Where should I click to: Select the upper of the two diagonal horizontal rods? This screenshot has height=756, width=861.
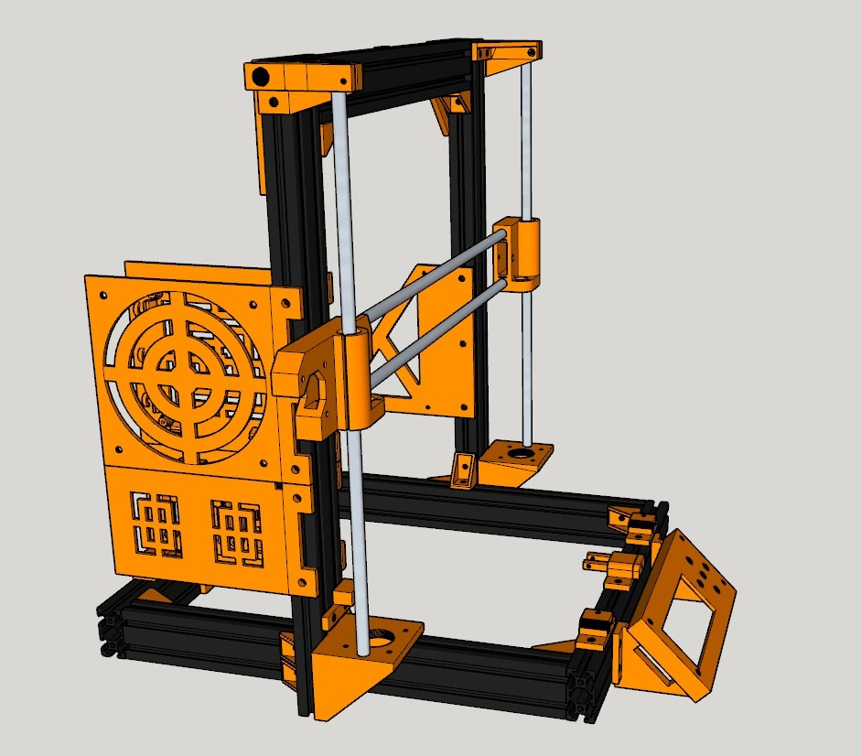tap(430, 274)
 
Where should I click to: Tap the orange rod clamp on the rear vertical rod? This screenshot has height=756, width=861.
tap(517, 252)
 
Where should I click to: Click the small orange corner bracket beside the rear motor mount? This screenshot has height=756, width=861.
tap(464, 469)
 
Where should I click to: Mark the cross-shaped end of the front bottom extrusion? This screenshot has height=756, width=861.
tap(580, 684)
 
